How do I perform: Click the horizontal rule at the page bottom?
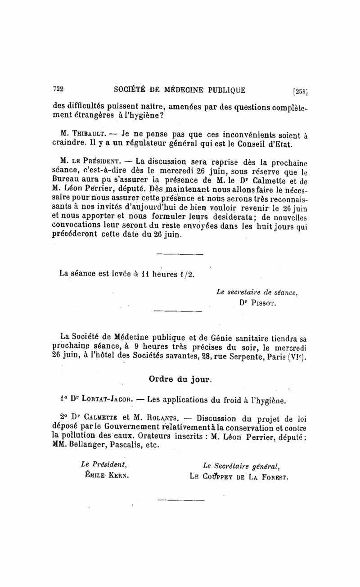[x=180, y=499]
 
